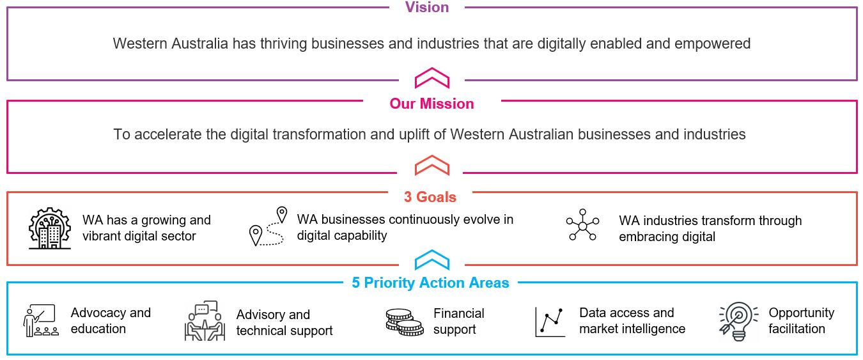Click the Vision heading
(427, 8)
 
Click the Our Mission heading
(432, 104)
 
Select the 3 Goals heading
(430, 196)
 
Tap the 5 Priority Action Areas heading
(430, 283)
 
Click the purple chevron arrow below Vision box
(432, 78)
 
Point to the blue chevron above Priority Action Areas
(432, 260)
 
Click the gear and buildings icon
(50, 228)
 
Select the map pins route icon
(267, 227)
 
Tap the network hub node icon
(582, 225)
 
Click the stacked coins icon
(405, 321)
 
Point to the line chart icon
(550, 322)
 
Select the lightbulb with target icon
(738, 322)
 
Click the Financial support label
(458, 322)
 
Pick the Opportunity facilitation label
(800, 321)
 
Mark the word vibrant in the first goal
(105, 236)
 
